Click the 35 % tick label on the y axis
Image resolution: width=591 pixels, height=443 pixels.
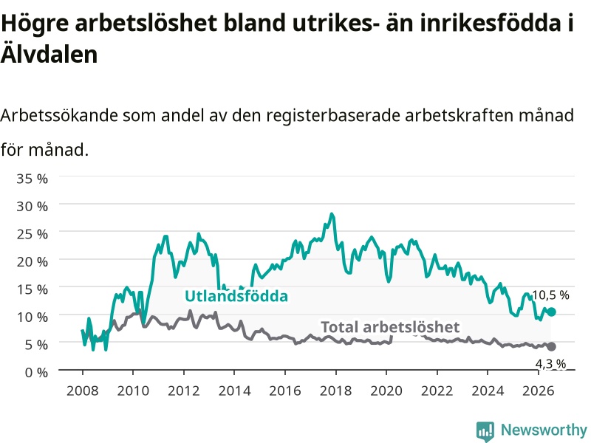(x=32, y=179)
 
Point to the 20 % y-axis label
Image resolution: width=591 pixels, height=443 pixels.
(x=32, y=261)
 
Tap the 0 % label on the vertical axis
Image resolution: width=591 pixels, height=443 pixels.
(x=36, y=372)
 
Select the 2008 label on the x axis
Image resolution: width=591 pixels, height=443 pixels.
(x=82, y=391)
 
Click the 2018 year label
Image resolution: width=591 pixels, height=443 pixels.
(x=335, y=391)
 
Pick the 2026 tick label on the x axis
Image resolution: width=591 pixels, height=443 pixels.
(x=539, y=391)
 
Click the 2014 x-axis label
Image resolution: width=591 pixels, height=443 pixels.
(x=234, y=391)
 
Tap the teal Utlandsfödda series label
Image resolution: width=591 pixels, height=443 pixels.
(x=236, y=296)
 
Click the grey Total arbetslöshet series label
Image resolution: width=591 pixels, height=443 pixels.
(x=390, y=327)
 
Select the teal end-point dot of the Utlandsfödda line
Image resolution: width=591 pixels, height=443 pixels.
(x=551, y=312)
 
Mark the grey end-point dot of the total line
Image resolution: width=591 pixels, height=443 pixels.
(x=551, y=346)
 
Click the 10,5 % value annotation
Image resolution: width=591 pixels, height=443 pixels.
(x=550, y=295)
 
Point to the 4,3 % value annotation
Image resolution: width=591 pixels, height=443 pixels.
(x=550, y=364)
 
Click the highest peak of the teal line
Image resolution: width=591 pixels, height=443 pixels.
(x=332, y=214)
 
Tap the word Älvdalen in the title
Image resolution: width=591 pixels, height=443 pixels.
(x=49, y=54)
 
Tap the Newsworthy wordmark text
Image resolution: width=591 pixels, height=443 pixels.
(x=544, y=430)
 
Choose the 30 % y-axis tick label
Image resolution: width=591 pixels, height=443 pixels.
(x=32, y=207)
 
